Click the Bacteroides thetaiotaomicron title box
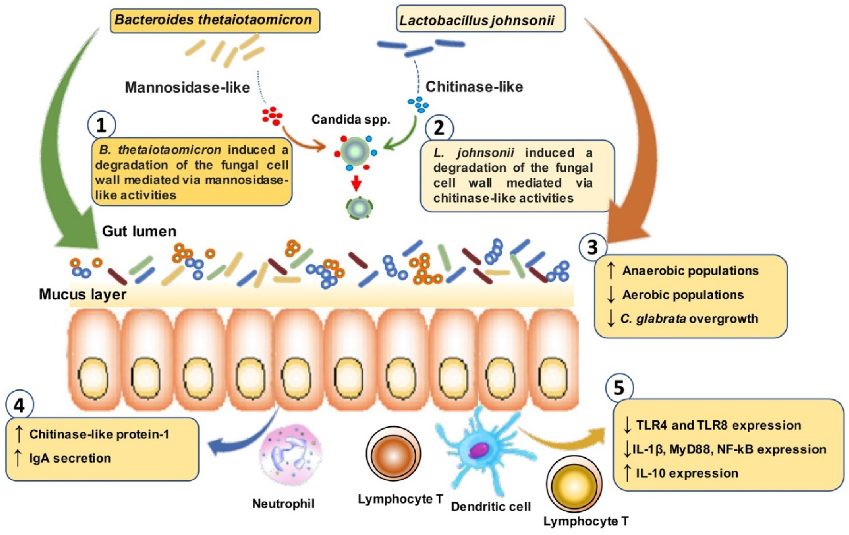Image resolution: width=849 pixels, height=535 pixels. [215, 20]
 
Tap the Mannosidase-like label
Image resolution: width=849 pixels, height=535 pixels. [187, 87]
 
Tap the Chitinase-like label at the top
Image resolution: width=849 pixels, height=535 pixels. [474, 87]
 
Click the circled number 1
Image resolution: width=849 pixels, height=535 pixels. [101, 125]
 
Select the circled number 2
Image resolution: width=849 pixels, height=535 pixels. [439, 128]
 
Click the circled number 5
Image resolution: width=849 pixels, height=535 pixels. [619, 388]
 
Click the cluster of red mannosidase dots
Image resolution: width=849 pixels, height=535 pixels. [272, 116]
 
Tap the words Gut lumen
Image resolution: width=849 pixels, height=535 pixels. [139, 231]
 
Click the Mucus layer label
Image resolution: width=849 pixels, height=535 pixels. [83, 294]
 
